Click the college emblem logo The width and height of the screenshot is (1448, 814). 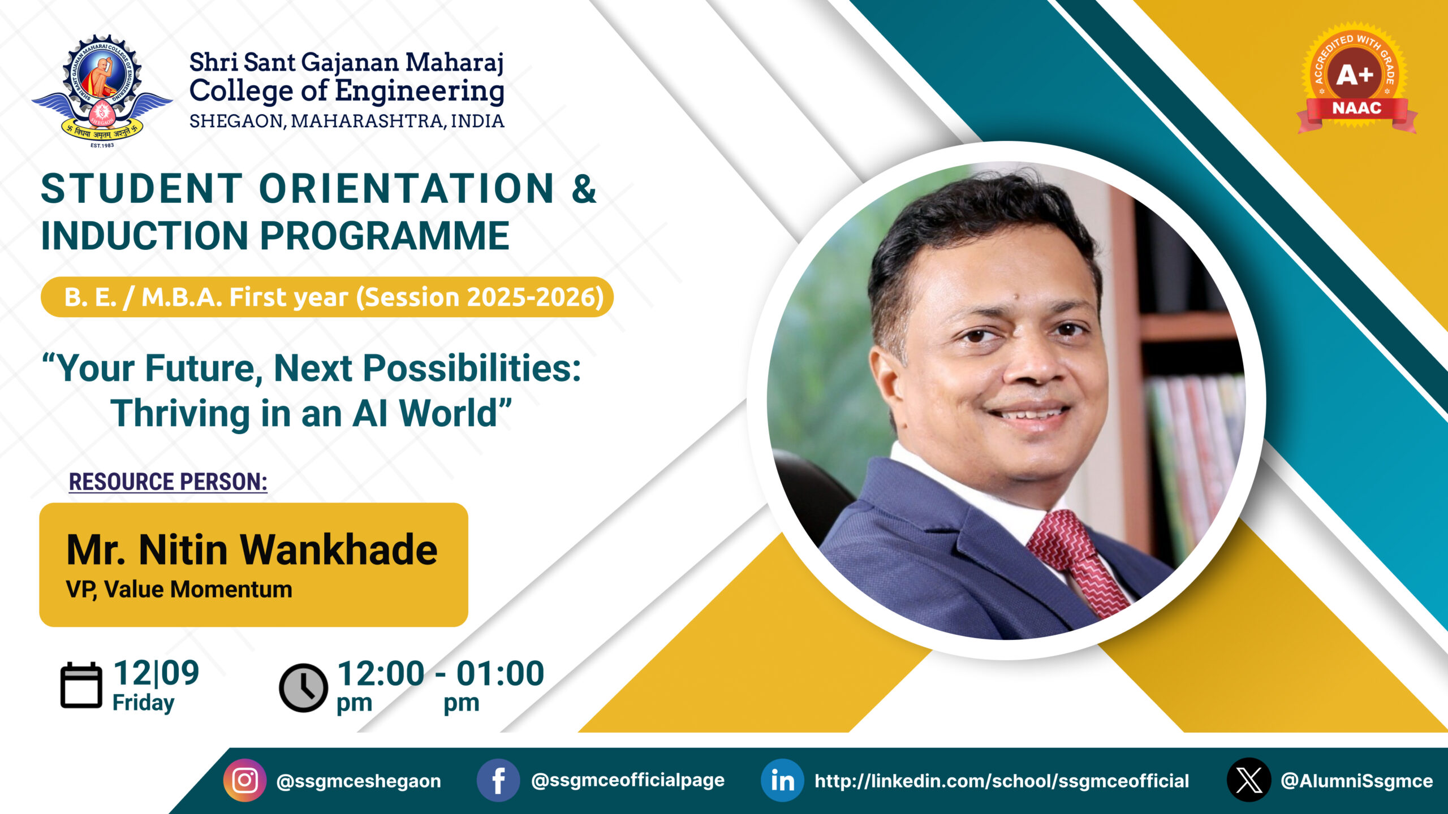click(102, 90)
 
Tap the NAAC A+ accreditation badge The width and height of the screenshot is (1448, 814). click(1356, 78)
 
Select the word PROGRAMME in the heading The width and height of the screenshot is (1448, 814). click(385, 236)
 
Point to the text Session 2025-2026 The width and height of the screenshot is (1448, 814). click(480, 297)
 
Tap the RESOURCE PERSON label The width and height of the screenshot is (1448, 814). click(168, 482)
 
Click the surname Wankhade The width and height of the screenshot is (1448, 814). click(339, 549)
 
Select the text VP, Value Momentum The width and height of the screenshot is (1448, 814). click(179, 590)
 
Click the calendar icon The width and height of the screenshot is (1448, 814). click(81, 685)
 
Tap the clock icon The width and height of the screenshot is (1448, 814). click(303, 687)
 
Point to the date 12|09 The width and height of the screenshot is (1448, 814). click(156, 673)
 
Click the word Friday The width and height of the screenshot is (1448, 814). click(143, 703)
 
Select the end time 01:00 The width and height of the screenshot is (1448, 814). click(500, 673)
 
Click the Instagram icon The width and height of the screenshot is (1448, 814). click(245, 781)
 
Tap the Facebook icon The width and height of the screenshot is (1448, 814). click(498, 781)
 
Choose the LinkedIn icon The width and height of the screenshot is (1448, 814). click(782, 781)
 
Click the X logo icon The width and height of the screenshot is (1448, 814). click(1249, 780)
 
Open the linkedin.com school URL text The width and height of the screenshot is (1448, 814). click(1002, 781)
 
